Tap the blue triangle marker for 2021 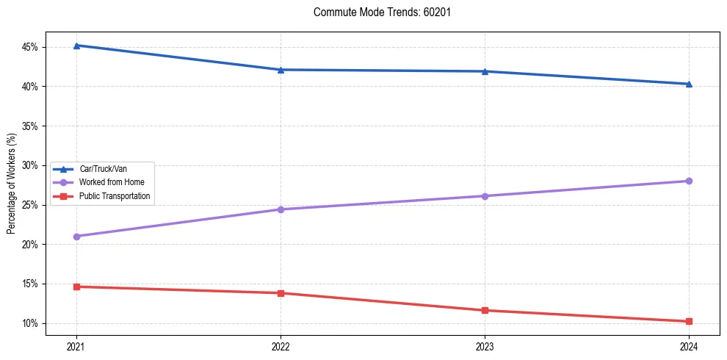76,46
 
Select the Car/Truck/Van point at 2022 281,70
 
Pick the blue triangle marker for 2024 689,84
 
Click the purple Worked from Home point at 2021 76,237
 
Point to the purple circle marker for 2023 485,196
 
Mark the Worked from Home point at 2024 689,181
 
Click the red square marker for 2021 76,287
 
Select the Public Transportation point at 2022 281,293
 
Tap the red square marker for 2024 689,321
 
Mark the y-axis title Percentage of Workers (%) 11,184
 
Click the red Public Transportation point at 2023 485,310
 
